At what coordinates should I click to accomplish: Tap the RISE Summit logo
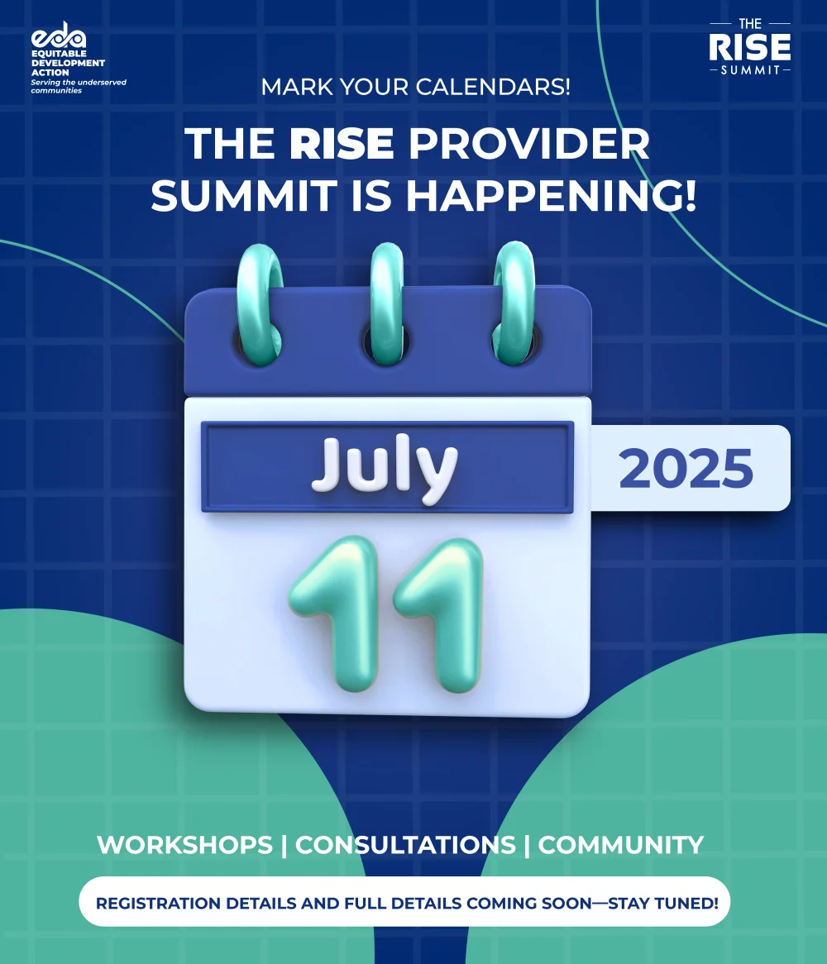[x=749, y=47]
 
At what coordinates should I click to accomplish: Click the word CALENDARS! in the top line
[x=493, y=87]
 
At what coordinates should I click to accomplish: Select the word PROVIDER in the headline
[x=528, y=144]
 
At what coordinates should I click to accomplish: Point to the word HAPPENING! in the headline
[x=551, y=195]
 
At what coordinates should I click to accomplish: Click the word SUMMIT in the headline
[x=244, y=196]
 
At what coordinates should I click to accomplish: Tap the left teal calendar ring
[x=260, y=304]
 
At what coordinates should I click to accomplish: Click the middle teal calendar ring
[x=387, y=303]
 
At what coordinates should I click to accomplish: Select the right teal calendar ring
[x=514, y=303]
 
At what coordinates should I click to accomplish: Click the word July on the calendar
[x=385, y=468]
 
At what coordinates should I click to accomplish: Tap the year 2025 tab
[x=686, y=469]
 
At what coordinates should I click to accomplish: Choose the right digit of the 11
[x=439, y=615]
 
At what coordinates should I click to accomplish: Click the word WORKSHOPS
[x=184, y=845]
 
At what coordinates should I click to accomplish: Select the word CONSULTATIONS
[x=405, y=845]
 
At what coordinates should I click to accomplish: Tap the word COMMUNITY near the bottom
[x=621, y=845]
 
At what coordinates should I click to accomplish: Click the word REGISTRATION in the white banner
[x=158, y=903]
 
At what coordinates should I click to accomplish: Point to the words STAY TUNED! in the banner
[x=663, y=903]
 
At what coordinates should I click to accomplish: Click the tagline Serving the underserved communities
[x=79, y=86]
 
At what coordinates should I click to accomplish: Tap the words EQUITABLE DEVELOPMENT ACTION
[x=69, y=63]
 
